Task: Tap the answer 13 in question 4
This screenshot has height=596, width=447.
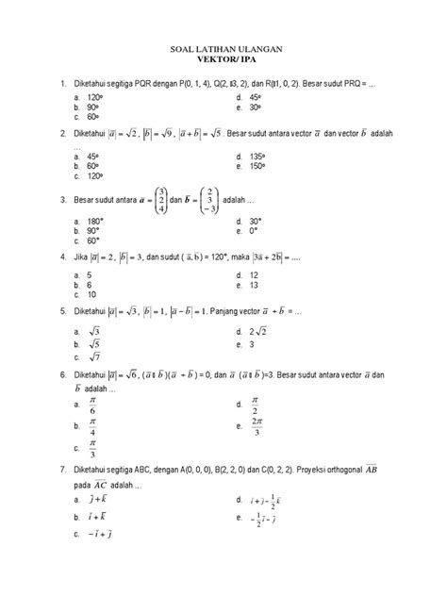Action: tap(255, 284)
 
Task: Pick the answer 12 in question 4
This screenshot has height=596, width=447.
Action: tap(255, 273)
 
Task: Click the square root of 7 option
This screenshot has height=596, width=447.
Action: tap(95, 357)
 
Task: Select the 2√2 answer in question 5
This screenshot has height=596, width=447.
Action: tap(260, 331)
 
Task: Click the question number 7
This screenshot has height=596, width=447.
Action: tap(62, 469)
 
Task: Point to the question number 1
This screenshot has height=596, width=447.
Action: tap(62, 84)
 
